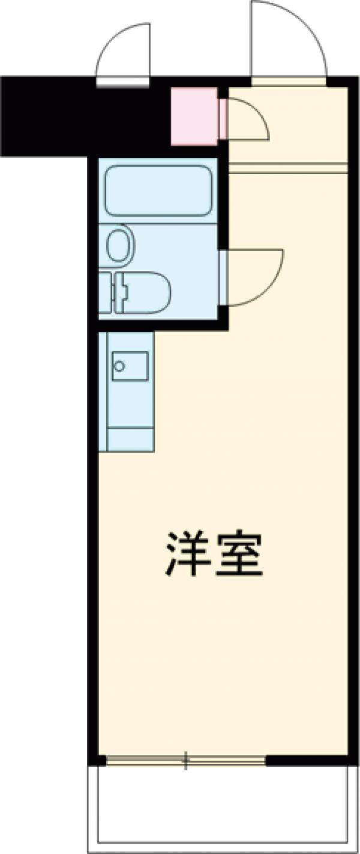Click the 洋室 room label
coord(214,553)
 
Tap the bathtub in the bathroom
coord(158,190)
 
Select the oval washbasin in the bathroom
coord(119,245)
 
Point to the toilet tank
coord(106,292)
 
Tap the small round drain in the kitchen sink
coord(119,365)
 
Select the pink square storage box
coord(194,116)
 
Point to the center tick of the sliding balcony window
coord(186,760)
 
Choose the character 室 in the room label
coord(240,553)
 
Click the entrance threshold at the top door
coord(289,82)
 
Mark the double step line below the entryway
coord(288,169)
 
